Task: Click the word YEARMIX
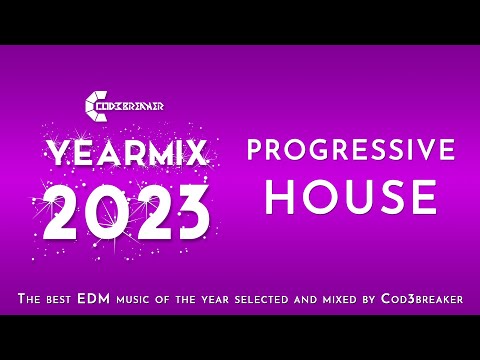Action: [126, 153]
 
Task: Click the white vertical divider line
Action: [229, 174]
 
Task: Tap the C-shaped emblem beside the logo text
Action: [93, 104]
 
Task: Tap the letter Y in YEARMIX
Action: [55, 152]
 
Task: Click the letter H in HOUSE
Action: [281, 197]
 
